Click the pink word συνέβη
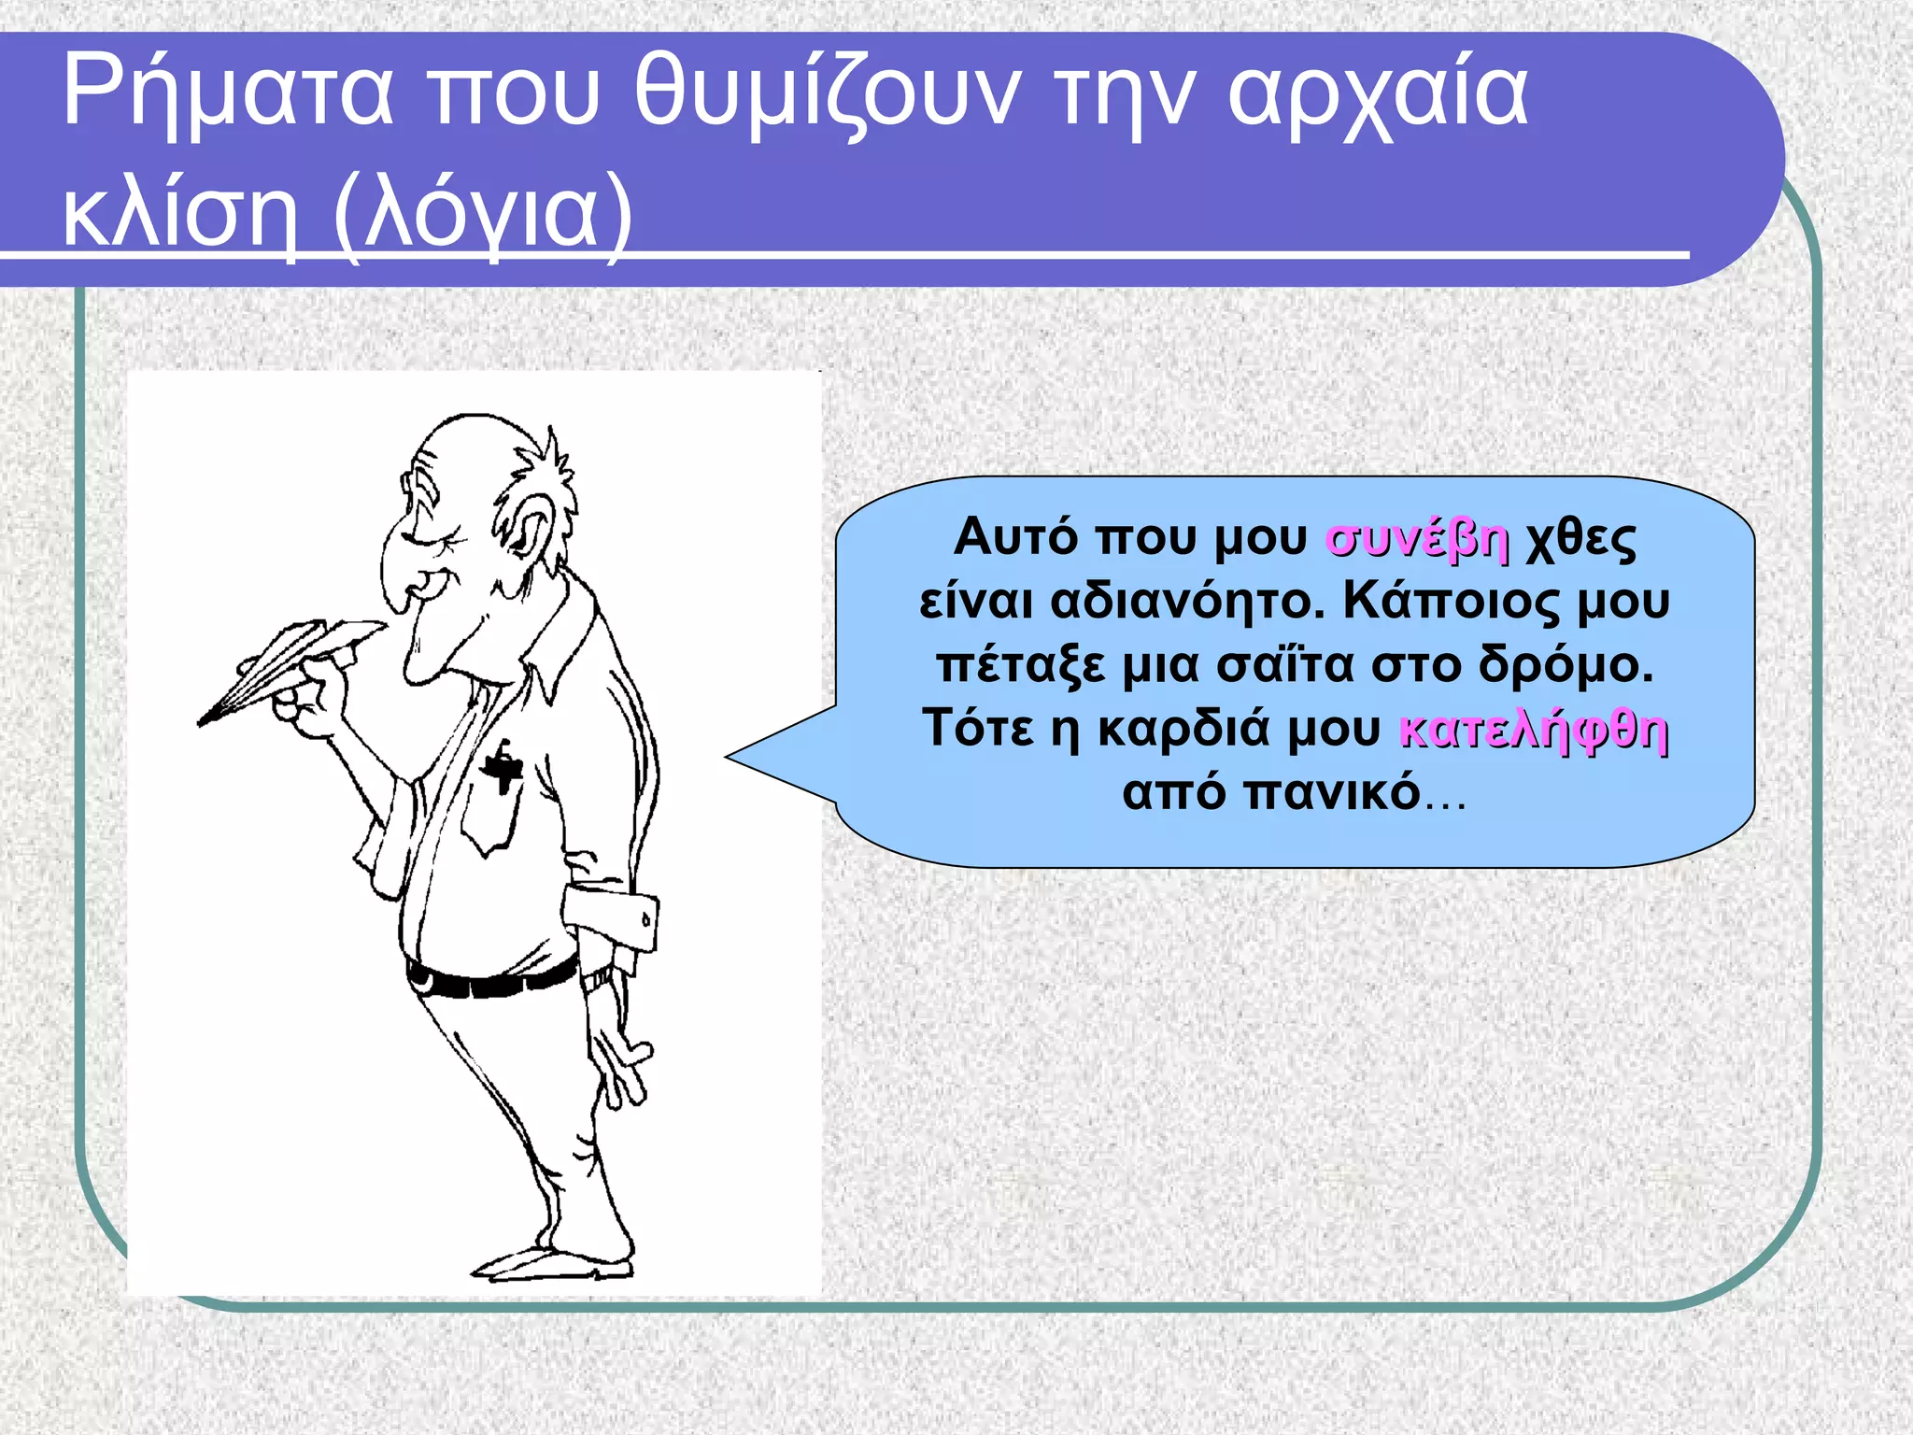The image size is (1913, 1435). click(x=1416, y=539)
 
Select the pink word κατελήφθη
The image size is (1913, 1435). click(x=1533, y=730)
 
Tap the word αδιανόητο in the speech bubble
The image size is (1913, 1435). click(x=1186, y=603)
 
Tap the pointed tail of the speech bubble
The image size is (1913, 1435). click(x=747, y=758)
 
